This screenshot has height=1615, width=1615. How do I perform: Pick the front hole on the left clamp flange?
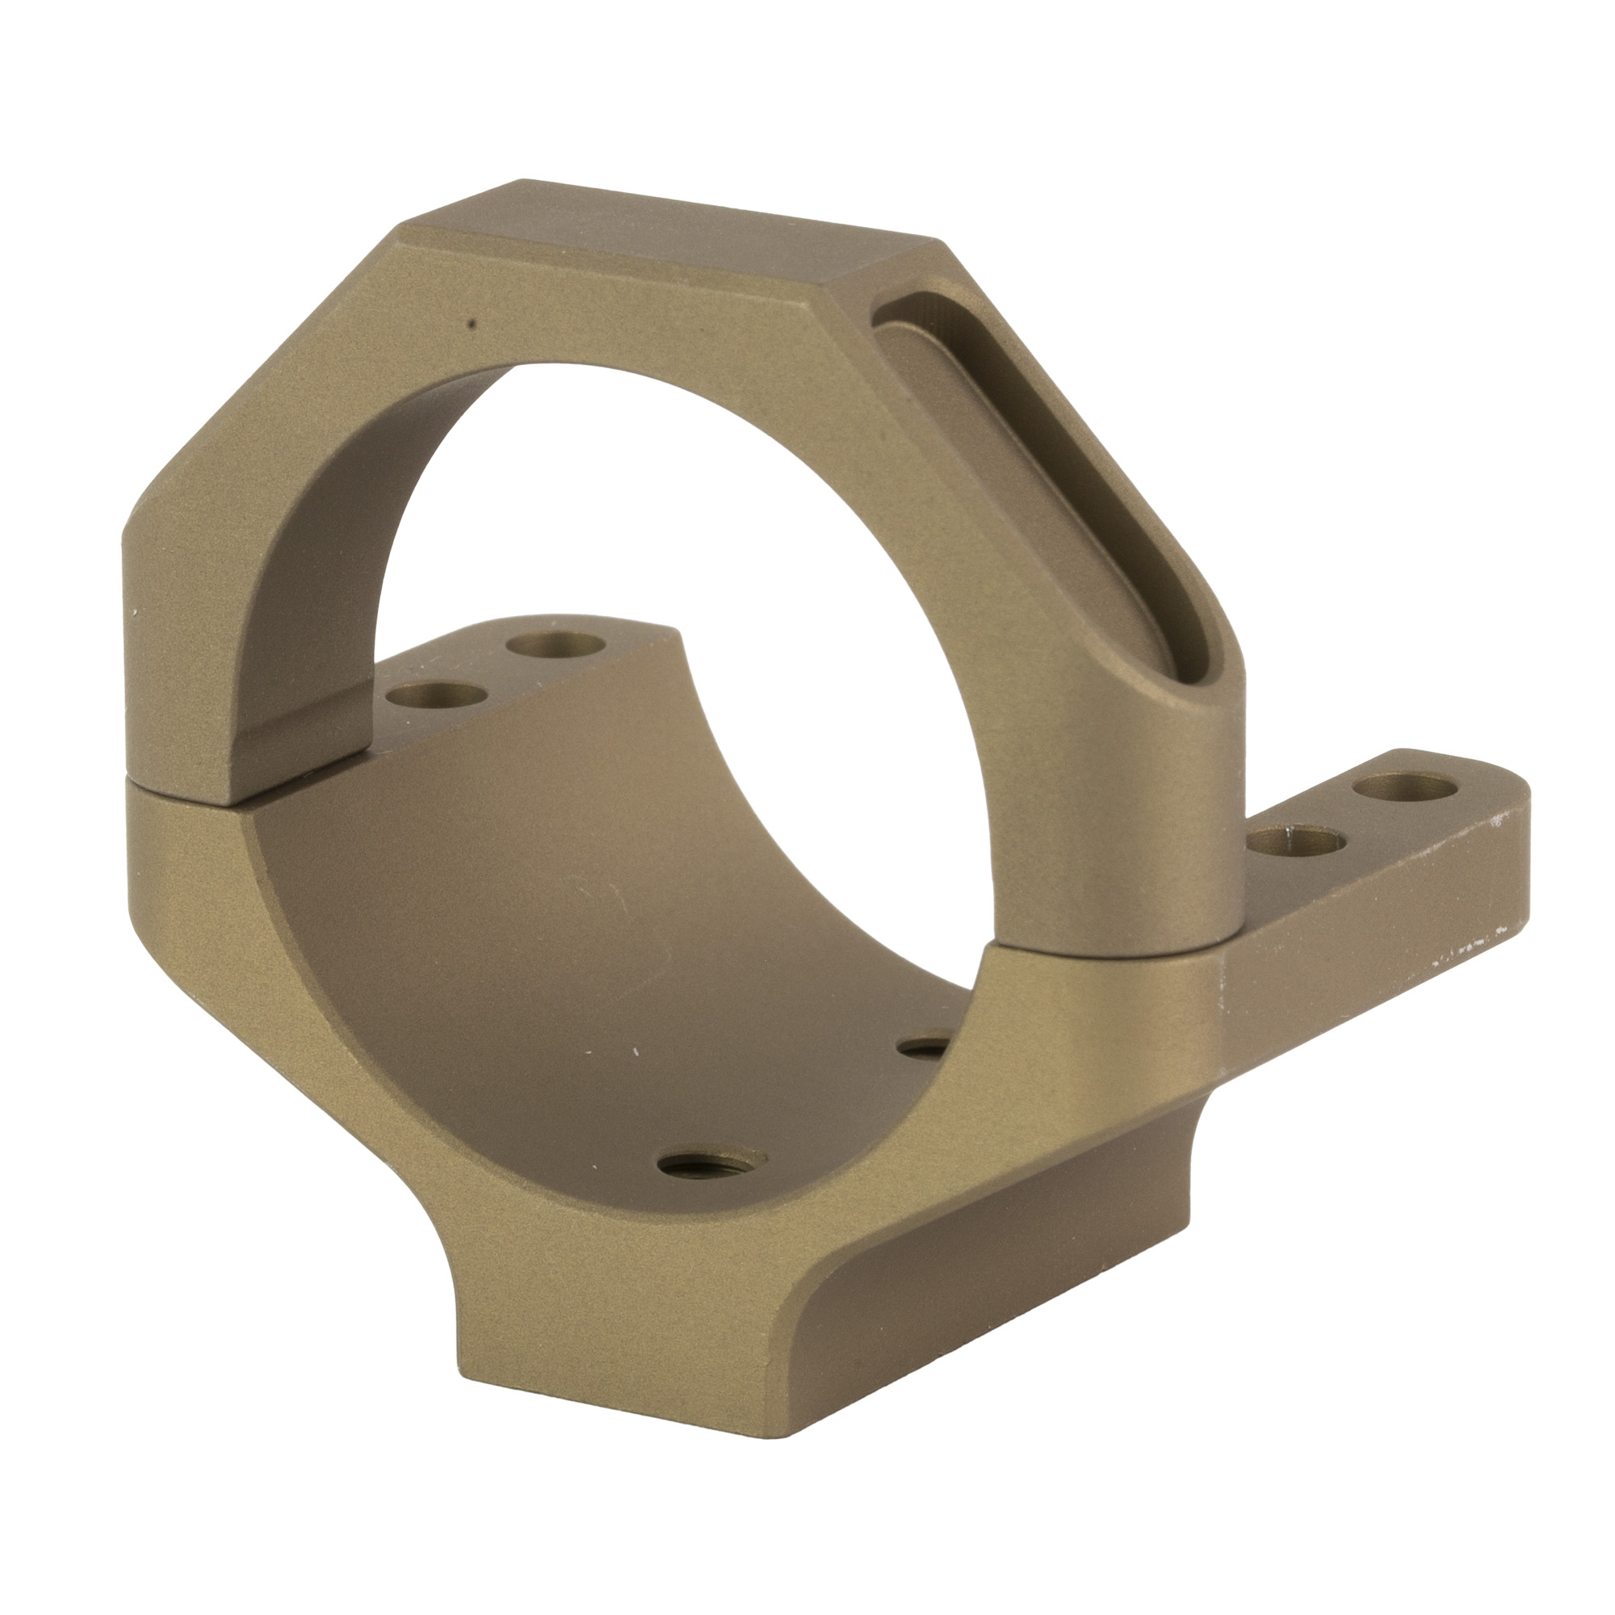tap(434, 673)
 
